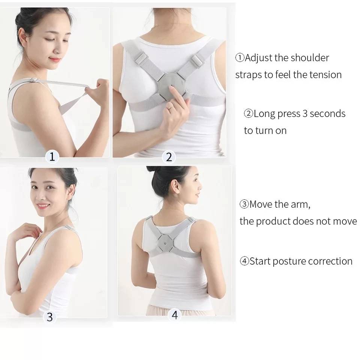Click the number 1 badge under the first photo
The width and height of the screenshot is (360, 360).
click(52, 157)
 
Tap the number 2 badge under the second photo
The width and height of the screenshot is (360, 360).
click(169, 157)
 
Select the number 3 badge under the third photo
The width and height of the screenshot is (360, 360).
click(49, 317)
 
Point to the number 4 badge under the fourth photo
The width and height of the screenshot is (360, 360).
click(174, 315)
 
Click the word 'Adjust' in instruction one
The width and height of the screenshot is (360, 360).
click(258, 58)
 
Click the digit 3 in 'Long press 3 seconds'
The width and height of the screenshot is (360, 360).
click(305, 114)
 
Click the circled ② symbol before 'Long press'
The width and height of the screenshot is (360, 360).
click(248, 113)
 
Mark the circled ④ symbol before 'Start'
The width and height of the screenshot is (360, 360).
click(244, 261)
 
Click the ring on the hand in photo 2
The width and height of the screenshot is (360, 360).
click(170, 107)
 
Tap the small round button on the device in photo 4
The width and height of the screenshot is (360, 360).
click(165, 243)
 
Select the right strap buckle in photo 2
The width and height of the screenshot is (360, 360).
click(198, 60)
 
